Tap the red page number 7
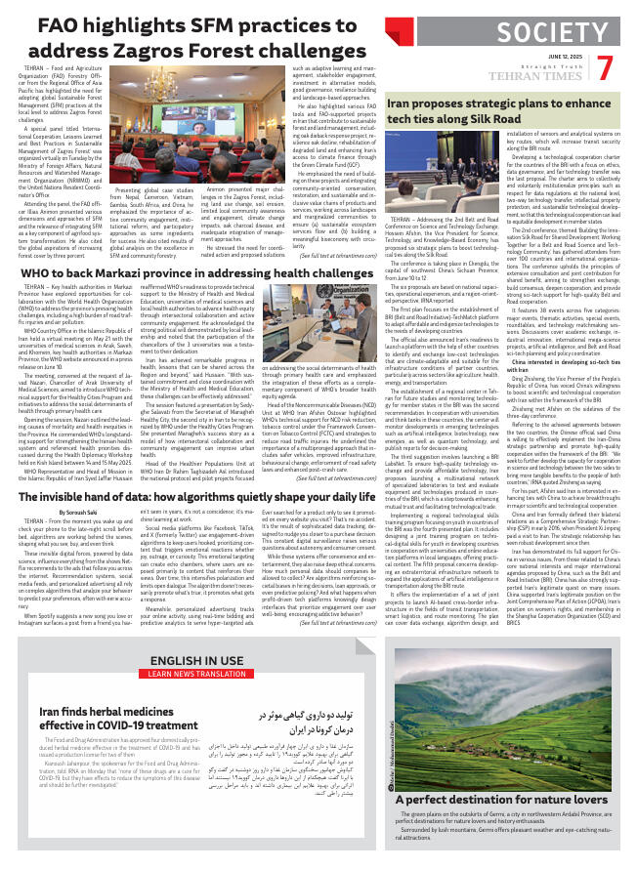[605, 69]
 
